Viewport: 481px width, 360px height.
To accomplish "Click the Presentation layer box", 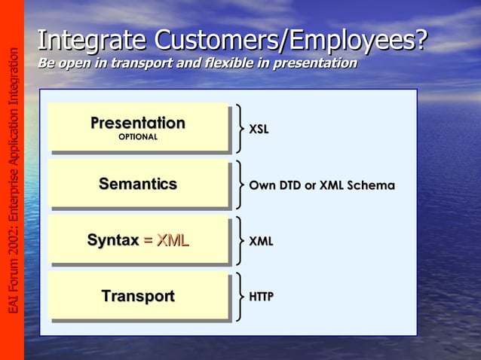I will pos(138,127).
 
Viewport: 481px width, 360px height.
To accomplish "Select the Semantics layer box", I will pos(138,184).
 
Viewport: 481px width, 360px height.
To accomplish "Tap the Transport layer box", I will pos(138,296).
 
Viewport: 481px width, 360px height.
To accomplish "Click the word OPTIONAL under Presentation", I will pos(138,137).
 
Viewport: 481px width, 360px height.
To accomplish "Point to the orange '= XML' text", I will pos(166,240).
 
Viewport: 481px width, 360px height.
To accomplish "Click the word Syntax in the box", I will pos(113,240).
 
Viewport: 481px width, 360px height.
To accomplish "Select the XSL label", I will pos(259,130).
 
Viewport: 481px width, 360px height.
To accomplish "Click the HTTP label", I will pos(261,297).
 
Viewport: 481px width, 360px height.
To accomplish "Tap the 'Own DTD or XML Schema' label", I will pos(322,185).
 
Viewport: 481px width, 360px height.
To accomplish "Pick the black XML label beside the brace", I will pos(261,241).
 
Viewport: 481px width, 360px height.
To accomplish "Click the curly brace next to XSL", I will pos(239,129).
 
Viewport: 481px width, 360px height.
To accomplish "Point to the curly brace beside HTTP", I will pos(239,297).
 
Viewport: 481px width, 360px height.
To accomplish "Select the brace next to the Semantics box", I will pos(239,185).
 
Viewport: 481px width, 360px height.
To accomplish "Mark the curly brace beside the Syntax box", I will pos(239,241).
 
